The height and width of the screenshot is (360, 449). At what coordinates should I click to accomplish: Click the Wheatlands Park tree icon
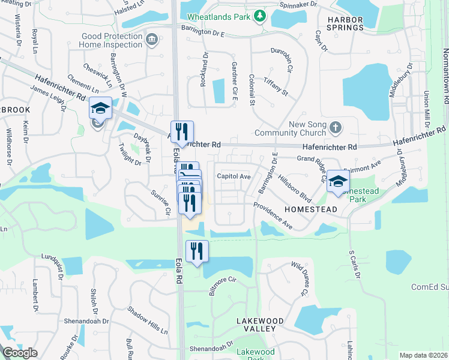click(260, 16)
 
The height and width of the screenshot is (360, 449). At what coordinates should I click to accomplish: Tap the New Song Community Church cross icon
click(336, 127)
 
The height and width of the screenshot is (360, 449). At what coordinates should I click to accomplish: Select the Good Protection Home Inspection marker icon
click(152, 40)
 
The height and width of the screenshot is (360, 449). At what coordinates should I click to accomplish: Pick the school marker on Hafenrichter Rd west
click(100, 109)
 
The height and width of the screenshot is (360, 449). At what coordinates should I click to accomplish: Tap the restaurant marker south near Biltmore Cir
click(197, 251)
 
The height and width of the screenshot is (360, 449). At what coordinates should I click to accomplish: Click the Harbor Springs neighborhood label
click(345, 23)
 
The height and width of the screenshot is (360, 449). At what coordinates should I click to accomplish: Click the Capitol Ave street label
click(234, 176)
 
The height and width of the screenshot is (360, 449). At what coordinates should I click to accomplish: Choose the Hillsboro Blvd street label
click(295, 188)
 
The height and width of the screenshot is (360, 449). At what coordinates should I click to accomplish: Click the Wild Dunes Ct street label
click(300, 279)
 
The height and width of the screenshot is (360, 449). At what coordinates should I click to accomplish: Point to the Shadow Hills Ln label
click(147, 321)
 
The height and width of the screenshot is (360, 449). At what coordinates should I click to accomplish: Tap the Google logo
click(20, 353)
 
